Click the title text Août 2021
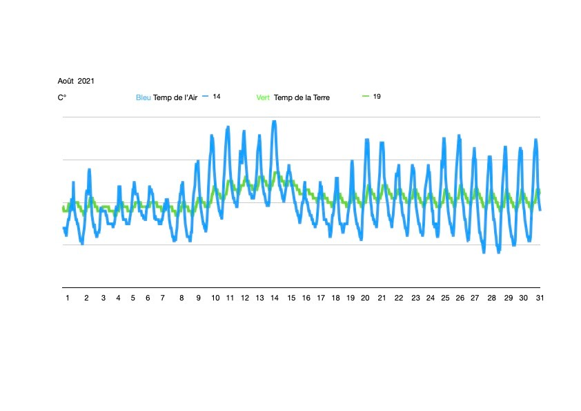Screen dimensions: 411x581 (76, 81)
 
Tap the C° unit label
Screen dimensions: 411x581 (62, 97)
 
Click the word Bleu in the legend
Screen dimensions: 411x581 (143, 97)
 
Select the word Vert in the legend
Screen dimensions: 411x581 (263, 97)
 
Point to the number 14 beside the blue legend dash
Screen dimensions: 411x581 (217, 97)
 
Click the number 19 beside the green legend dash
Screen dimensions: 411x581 (377, 96)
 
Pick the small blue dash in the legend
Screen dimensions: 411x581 (205, 97)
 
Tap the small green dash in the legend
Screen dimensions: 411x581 (366, 96)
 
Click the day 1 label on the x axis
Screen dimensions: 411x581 (68, 298)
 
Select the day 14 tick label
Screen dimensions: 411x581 (275, 298)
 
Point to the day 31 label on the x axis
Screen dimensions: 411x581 (540, 298)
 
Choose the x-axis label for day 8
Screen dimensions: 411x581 (181, 298)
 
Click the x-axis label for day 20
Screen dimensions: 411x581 (365, 298)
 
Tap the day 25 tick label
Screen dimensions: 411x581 (445, 298)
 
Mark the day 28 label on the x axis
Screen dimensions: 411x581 (491, 298)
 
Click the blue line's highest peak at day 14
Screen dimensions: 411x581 (274, 122)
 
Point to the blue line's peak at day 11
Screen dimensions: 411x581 (228, 128)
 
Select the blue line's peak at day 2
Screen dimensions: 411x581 (89, 170)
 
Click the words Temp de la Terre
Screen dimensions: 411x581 (302, 97)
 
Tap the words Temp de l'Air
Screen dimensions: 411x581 (175, 97)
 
